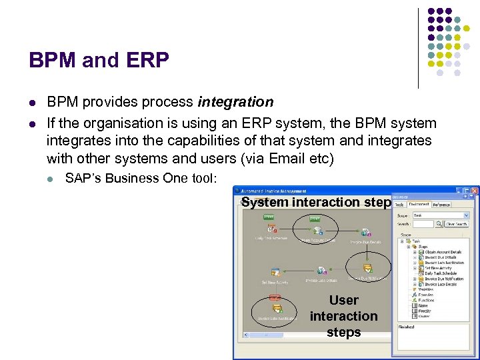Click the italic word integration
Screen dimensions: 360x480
pos(235,102)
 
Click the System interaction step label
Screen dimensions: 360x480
pos(315,202)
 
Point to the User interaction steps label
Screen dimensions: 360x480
pos(343,316)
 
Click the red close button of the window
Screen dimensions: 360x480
pos(475,191)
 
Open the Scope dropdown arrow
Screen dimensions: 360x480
pos(465,215)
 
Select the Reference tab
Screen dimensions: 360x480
pos(441,205)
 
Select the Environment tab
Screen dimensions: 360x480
pos(419,205)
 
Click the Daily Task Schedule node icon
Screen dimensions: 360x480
pos(272,230)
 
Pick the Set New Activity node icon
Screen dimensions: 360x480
pos(275,272)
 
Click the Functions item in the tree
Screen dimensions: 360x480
pos(427,300)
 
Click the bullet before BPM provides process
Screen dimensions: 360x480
pos(31,103)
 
